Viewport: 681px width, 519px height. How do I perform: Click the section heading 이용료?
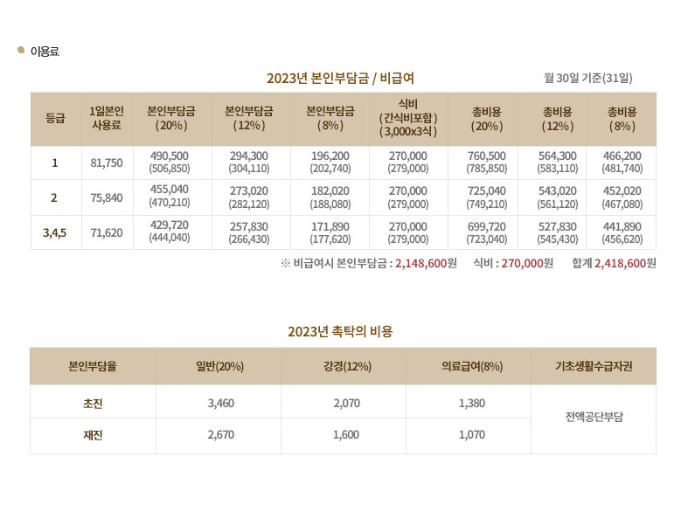[x=45, y=52]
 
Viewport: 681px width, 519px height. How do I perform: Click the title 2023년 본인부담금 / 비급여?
[x=340, y=79]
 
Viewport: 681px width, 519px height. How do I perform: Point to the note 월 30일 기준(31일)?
[x=587, y=79]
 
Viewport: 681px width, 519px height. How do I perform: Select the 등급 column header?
[x=55, y=118]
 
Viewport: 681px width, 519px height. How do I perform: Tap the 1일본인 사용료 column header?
[x=107, y=118]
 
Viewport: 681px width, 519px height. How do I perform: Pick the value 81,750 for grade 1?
[x=107, y=163]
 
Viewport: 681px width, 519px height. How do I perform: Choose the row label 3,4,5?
[x=55, y=232]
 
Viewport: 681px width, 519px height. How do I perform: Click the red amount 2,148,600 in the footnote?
[x=421, y=263]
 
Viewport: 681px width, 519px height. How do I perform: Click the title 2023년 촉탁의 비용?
[x=340, y=331]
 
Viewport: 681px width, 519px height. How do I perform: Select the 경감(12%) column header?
[x=344, y=366]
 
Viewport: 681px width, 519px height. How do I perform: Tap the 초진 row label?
[x=93, y=403]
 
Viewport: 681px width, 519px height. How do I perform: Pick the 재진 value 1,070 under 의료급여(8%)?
[x=471, y=435]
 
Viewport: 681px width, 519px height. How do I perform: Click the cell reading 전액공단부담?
[x=594, y=419]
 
